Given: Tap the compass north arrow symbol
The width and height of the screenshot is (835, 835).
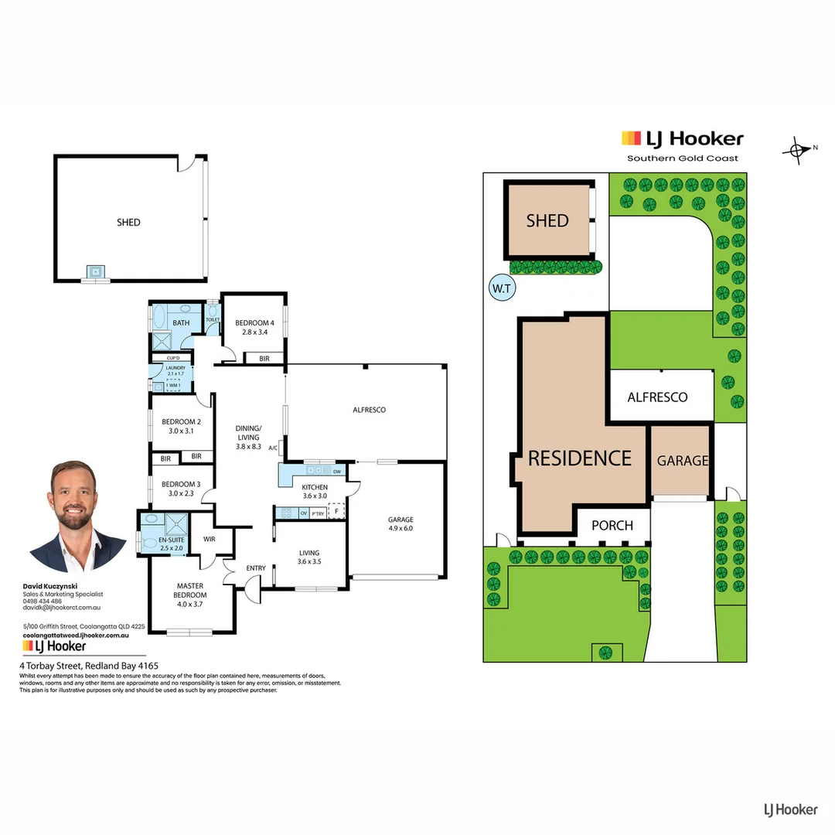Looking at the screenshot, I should [x=797, y=149].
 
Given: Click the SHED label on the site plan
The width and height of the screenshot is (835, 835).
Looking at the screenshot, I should [x=547, y=221].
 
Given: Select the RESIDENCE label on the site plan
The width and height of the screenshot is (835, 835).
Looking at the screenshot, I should [x=580, y=458].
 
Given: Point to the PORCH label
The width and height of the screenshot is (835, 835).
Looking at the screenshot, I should [x=612, y=526].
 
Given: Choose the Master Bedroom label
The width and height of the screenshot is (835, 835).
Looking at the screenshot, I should [x=189, y=590].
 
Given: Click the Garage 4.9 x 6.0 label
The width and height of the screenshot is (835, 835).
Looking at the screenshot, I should [x=400, y=524].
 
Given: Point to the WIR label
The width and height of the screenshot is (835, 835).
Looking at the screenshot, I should [x=209, y=539].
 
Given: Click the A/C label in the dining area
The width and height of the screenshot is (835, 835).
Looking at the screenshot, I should [x=273, y=448].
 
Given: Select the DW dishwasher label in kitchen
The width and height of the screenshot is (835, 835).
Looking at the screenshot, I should [x=337, y=471].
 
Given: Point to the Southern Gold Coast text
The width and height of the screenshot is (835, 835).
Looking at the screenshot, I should [x=682, y=158].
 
